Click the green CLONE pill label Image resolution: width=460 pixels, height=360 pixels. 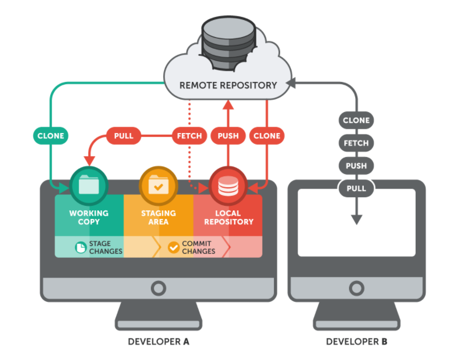(x=51, y=136)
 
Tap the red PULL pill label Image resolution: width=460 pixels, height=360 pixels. (x=123, y=136)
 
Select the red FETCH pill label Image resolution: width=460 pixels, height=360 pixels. (x=189, y=136)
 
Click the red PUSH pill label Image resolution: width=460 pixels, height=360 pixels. (x=228, y=136)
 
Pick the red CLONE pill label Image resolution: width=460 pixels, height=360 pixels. (x=266, y=136)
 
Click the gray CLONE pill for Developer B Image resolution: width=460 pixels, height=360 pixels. (x=356, y=121)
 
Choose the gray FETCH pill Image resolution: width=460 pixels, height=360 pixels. (x=356, y=143)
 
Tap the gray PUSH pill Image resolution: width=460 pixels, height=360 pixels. (x=356, y=166)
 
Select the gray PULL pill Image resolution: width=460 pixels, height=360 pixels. (x=356, y=188)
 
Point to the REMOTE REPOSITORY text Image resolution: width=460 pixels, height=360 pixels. (x=228, y=85)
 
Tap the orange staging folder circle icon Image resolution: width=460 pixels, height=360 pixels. (x=158, y=185)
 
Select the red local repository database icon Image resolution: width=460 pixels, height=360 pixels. (x=228, y=185)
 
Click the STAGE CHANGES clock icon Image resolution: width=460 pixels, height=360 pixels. (x=80, y=247)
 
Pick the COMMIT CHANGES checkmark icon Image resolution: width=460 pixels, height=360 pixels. (x=174, y=247)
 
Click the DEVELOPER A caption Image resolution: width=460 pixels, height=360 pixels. (x=158, y=342)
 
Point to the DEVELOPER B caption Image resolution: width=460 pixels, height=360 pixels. (x=356, y=342)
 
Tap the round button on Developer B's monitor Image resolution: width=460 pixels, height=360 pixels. (x=356, y=288)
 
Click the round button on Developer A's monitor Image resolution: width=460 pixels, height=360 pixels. (x=158, y=288)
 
